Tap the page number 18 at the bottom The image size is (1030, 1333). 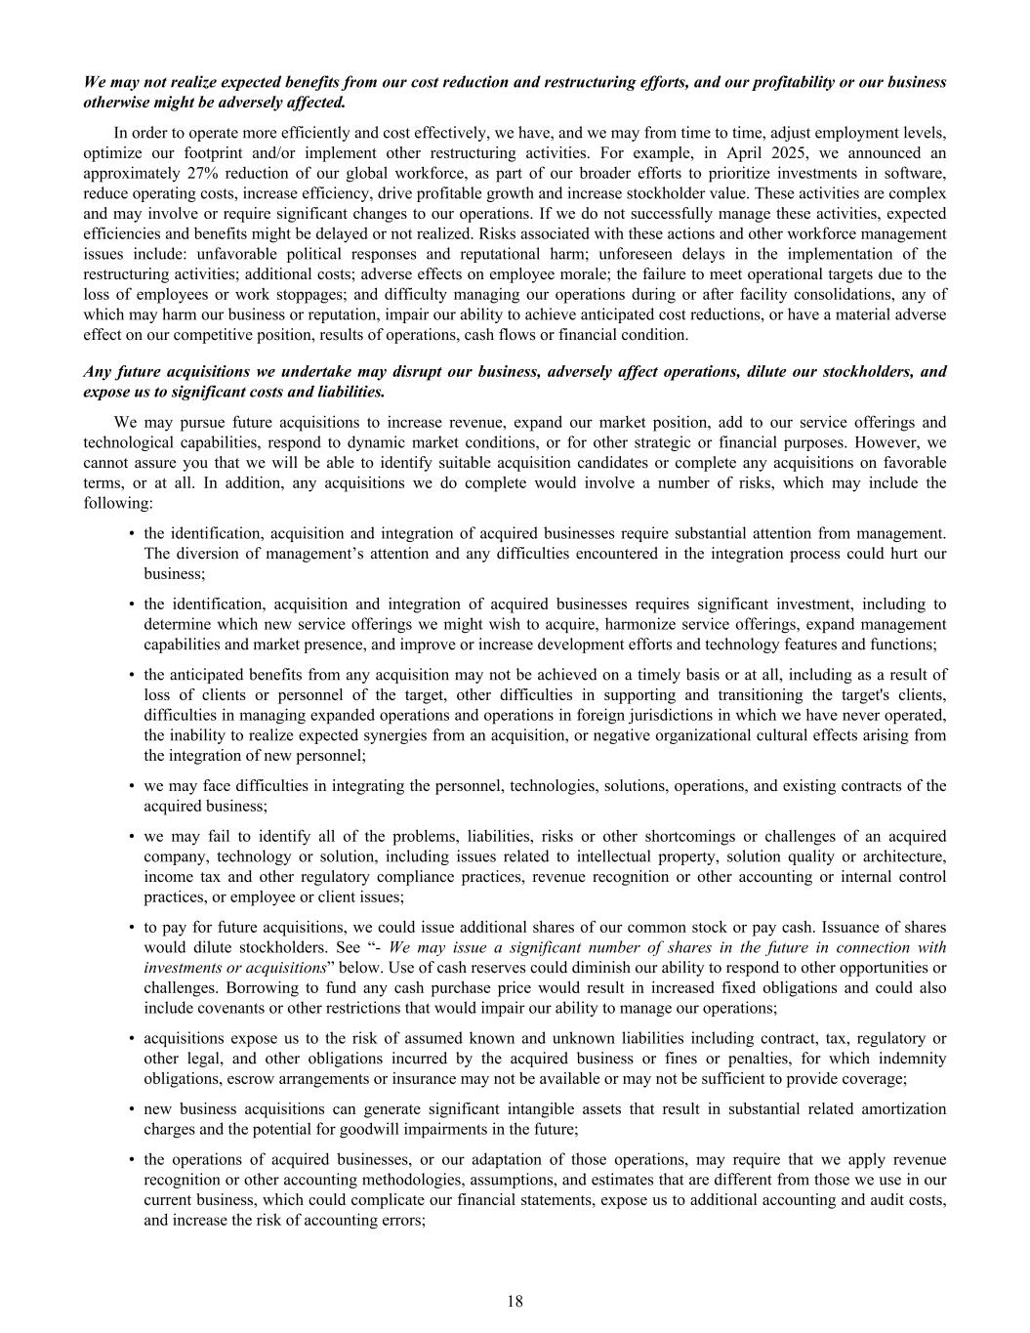pyautogui.click(x=515, y=1301)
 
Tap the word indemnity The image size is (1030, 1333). pyautogui.click(x=911, y=1058)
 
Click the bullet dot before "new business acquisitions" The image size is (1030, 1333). pyautogui.click(x=131, y=1108)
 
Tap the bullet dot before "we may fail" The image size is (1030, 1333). pyautogui.click(x=131, y=836)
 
